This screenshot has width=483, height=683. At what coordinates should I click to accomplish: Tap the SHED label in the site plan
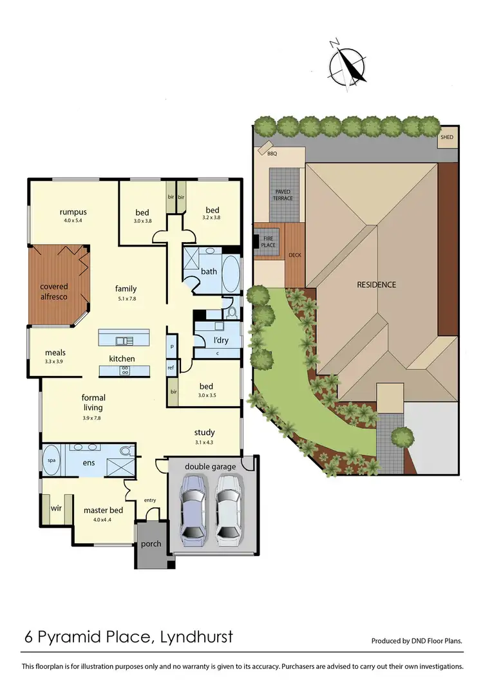click(446, 138)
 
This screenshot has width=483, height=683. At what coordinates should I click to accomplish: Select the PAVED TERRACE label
click(283, 194)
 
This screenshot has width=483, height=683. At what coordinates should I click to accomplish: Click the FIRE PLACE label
click(269, 241)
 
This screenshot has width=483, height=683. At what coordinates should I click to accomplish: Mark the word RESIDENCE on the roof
click(377, 284)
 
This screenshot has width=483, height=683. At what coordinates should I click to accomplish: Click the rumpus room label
click(73, 212)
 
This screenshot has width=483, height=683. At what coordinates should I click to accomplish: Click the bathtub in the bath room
click(231, 270)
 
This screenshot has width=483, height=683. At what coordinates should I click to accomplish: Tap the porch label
click(151, 544)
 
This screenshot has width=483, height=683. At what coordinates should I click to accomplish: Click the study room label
click(204, 433)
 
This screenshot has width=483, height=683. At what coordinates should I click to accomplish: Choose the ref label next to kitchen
click(171, 368)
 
